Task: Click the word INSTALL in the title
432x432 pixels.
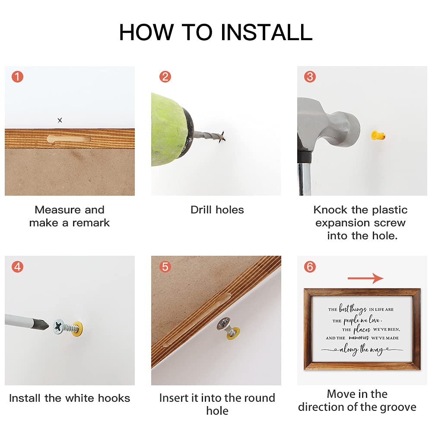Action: tap(267, 32)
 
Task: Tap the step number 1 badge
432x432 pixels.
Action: tap(17, 76)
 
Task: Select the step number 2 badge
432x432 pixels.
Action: tap(165, 76)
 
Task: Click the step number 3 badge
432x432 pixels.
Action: tap(310, 76)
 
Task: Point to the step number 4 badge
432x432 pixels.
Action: tap(17, 267)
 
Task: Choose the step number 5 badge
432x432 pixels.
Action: tap(165, 267)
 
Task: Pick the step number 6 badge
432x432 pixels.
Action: tap(310, 267)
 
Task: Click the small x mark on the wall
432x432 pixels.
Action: tap(60, 120)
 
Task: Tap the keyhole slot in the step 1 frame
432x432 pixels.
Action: tap(69, 139)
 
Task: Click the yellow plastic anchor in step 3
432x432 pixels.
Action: tap(378, 135)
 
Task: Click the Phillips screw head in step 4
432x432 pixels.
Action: tap(59, 327)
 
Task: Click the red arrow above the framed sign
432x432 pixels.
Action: tap(365, 278)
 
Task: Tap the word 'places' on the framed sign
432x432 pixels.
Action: tap(362, 329)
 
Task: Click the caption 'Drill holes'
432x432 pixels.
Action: tap(217, 210)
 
